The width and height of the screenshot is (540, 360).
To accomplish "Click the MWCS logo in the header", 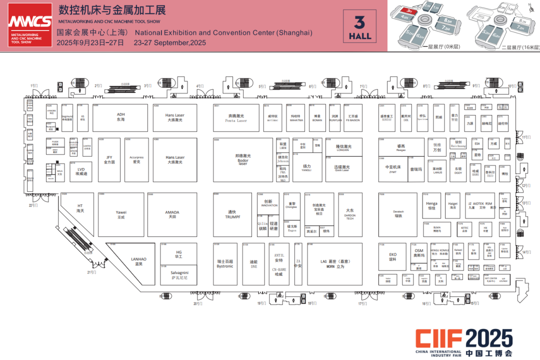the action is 29,25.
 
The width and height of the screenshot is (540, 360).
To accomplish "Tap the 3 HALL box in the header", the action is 360,28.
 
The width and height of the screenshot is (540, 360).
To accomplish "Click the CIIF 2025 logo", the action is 464,343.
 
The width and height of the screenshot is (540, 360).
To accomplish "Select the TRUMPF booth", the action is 232,214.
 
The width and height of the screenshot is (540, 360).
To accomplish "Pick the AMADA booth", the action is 172,214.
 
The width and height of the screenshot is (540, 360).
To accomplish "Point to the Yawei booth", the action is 120,214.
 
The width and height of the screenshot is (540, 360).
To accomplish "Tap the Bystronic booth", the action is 225,263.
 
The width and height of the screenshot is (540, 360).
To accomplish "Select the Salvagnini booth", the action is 178,274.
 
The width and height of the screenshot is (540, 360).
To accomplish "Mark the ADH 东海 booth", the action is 120,117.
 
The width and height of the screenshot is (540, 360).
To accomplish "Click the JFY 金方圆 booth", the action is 109,159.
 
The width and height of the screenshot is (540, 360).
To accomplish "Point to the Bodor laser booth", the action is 242,159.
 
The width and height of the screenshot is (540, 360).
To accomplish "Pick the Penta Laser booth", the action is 236,118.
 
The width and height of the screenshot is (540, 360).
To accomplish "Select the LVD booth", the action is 81,171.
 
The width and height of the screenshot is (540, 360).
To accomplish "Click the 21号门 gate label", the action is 91,272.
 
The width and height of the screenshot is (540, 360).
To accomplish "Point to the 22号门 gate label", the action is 33,205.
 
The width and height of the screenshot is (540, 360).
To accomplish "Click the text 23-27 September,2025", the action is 170,43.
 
